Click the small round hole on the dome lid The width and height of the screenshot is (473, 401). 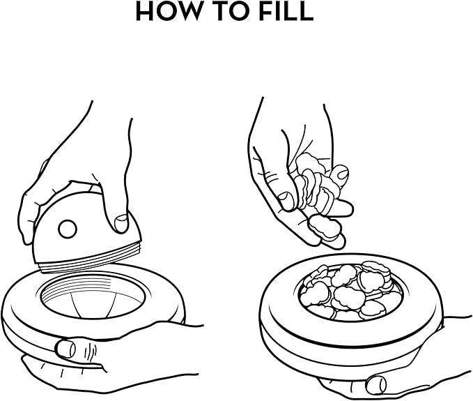pyautogui.click(x=67, y=229)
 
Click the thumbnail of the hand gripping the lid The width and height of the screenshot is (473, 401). pyautogui.click(x=121, y=222)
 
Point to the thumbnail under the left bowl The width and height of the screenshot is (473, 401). pyautogui.click(x=65, y=349)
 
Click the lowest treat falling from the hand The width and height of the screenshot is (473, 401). pyautogui.click(x=323, y=227)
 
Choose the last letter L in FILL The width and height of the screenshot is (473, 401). pyautogui.click(x=307, y=10)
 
